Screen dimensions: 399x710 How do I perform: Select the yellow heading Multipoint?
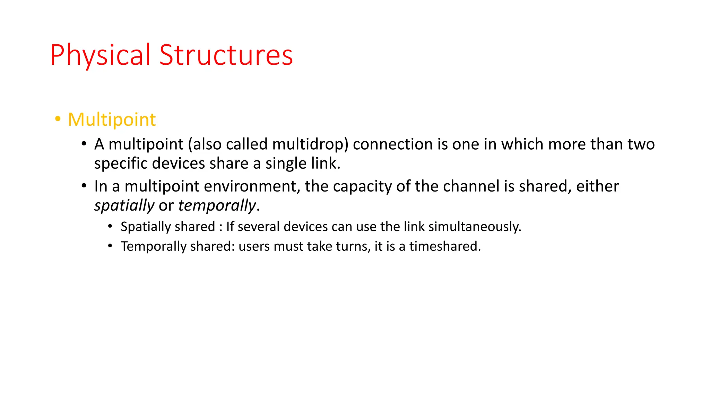tap(112, 119)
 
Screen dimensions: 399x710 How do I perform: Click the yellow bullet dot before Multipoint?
tap(58, 119)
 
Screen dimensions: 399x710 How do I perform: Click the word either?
tap(597, 186)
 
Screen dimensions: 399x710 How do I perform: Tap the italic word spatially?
tap(124, 206)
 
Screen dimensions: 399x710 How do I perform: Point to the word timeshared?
tap(445, 246)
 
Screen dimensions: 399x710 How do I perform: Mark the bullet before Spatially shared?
tap(110, 227)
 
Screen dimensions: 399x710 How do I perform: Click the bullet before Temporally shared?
tap(110, 246)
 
